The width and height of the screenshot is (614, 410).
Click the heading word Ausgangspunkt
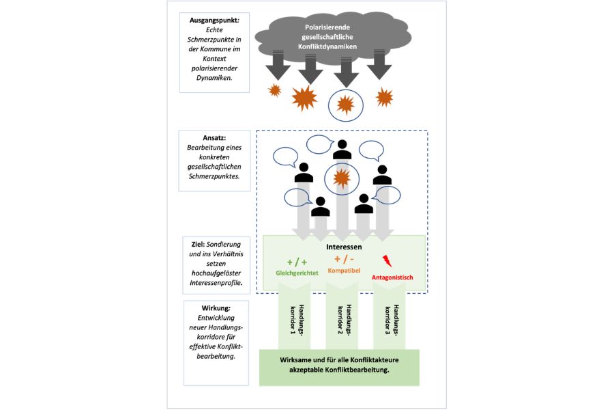click(214, 20)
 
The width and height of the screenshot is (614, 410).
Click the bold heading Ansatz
click(214, 138)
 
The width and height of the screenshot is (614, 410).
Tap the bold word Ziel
click(198, 245)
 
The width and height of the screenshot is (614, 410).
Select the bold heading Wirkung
click(216, 308)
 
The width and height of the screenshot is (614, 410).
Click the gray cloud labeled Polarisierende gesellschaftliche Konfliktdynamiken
click(333, 38)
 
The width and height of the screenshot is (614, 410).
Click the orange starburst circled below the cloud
click(346, 105)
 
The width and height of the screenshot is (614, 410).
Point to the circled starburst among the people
click(342, 178)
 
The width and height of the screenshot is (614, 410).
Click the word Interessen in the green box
click(344, 247)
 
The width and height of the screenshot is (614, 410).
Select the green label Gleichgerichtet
click(297, 273)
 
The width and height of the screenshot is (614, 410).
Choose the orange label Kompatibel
click(344, 271)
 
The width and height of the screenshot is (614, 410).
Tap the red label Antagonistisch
click(392, 277)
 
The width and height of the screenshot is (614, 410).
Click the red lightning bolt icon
click(387, 261)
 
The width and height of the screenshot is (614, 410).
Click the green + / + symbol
click(297, 262)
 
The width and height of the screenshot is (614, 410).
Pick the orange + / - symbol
click(344, 259)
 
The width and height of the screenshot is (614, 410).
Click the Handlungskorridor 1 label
click(297, 320)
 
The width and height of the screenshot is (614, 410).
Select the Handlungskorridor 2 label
click(345, 320)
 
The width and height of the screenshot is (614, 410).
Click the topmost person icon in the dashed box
click(342, 150)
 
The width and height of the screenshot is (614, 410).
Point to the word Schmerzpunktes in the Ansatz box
click(214, 176)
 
